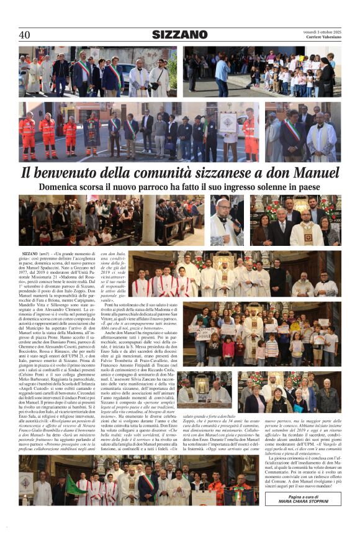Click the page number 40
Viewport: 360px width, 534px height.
tap(24, 35)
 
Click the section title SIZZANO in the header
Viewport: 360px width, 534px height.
tap(179, 35)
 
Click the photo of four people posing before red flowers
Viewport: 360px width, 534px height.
tap(295, 220)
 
